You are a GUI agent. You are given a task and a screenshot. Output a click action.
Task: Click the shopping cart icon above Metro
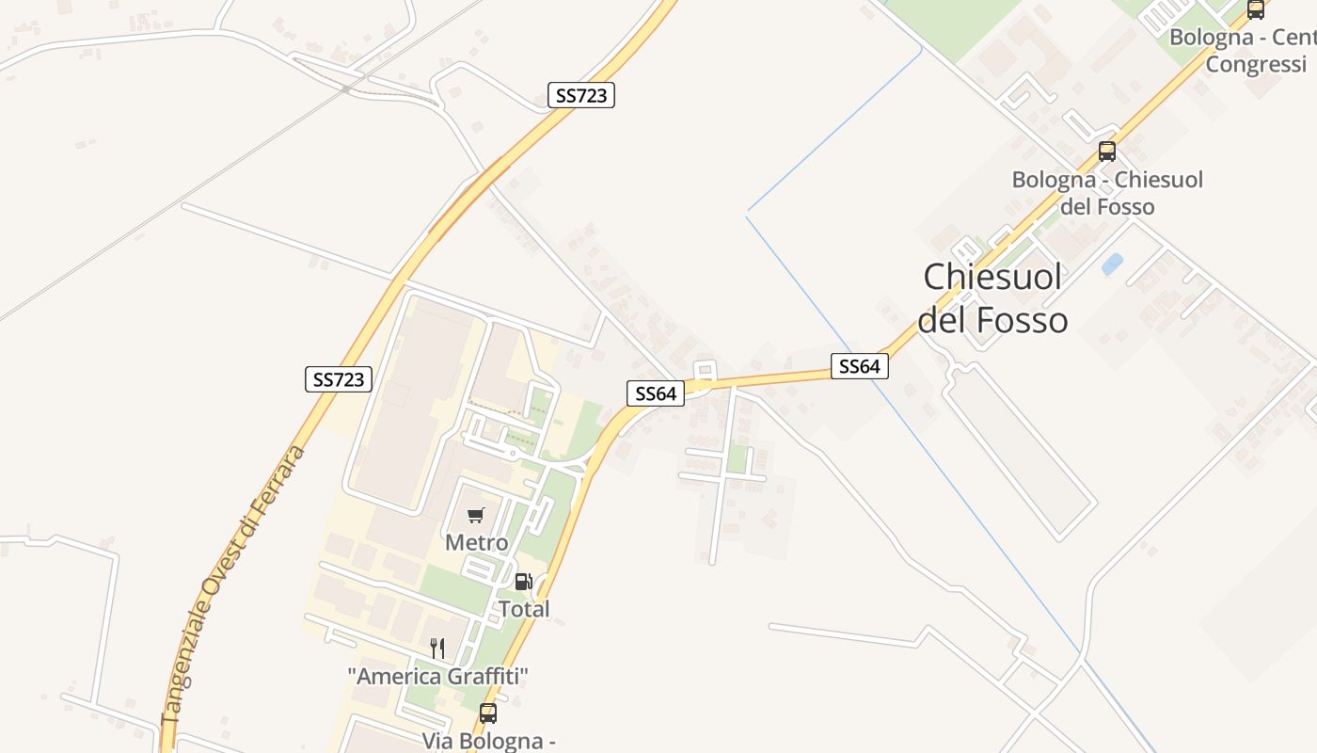tap(475, 516)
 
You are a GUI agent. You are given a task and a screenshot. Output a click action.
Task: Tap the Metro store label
tap(476, 543)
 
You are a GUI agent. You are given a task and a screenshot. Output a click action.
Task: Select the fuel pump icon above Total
tap(524, 582)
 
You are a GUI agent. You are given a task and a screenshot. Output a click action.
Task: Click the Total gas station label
tap(524, 609)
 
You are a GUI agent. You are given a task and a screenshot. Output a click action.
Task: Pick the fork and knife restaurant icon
tap(437, 648)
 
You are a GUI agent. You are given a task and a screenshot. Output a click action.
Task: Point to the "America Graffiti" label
tap(437, 676)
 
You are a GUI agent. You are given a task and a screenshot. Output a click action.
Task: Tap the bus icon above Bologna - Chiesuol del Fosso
tap(1107, 152)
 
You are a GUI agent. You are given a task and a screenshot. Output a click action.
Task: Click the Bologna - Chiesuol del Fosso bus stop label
tap(1107, 193)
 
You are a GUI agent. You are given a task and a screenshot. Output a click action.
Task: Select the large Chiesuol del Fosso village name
tap(992, 298)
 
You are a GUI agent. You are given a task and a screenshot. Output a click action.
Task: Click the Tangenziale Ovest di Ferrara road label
tap(235, 584)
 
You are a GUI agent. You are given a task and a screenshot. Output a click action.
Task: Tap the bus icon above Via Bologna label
tap(487, 713)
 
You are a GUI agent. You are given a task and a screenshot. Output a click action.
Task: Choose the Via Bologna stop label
tap(487, 741)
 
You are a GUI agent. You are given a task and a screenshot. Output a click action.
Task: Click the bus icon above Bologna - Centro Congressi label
tap(1256, 10)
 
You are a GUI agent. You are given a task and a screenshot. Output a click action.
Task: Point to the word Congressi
tap(1256, 65)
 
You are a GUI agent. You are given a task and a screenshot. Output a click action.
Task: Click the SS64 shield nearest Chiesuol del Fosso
tap(859, 366)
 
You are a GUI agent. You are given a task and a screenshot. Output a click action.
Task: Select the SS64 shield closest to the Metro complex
tap(655, 393)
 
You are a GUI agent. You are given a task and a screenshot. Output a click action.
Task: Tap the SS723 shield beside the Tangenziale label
tap(339, 379)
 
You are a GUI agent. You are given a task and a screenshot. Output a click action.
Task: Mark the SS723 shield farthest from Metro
tap(581, 95)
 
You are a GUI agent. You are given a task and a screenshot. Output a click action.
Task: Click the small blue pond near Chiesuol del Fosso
tap(1112, 264)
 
